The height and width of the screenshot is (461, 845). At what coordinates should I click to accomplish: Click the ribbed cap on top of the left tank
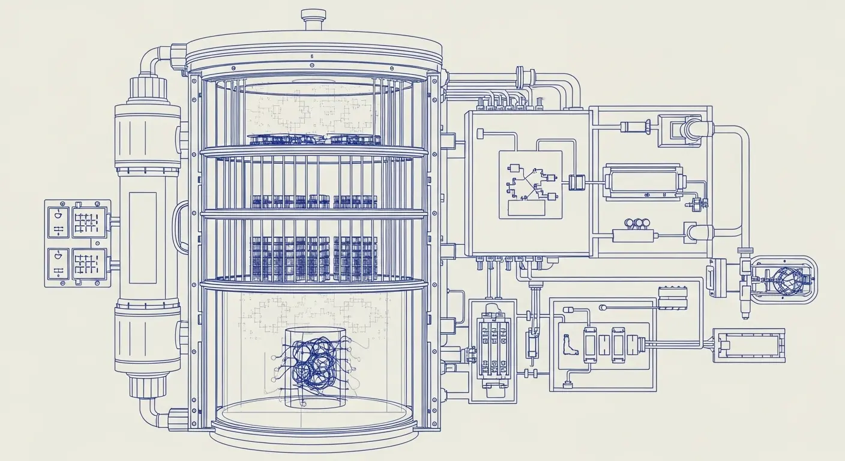(x=147, y=88)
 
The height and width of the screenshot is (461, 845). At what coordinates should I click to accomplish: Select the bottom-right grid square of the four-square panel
(x=89, y=265)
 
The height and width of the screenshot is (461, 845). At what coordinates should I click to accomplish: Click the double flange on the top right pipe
(x=525, y=76)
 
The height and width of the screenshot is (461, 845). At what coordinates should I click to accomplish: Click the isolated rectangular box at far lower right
(x=748, y=345)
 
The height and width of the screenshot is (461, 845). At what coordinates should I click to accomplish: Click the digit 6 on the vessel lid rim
(x=312, y=56)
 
